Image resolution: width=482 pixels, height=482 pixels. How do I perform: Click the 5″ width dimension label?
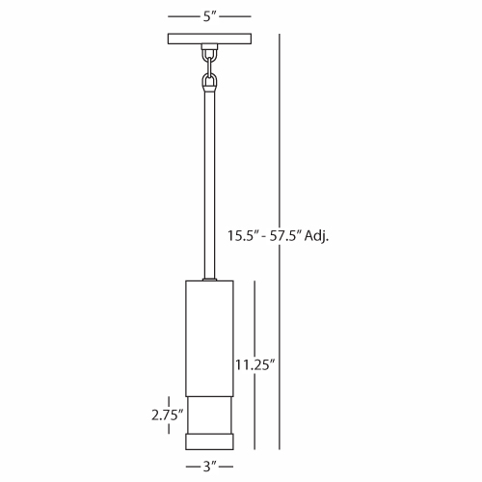tap(209, 16)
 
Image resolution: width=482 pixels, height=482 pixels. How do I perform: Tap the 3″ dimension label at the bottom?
tap(209, 467)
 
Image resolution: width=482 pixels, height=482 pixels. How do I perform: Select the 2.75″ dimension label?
tap(167, 415)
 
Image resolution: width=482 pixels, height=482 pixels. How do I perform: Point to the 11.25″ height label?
tap(255, 365)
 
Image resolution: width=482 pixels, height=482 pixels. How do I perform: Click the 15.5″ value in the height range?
tap(243, 235)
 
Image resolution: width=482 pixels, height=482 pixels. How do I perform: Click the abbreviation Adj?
tap(316, 236)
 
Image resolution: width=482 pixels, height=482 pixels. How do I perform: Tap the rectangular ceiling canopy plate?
tap(209, 39)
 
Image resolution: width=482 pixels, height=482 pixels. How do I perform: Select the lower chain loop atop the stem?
tap(209, 81)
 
